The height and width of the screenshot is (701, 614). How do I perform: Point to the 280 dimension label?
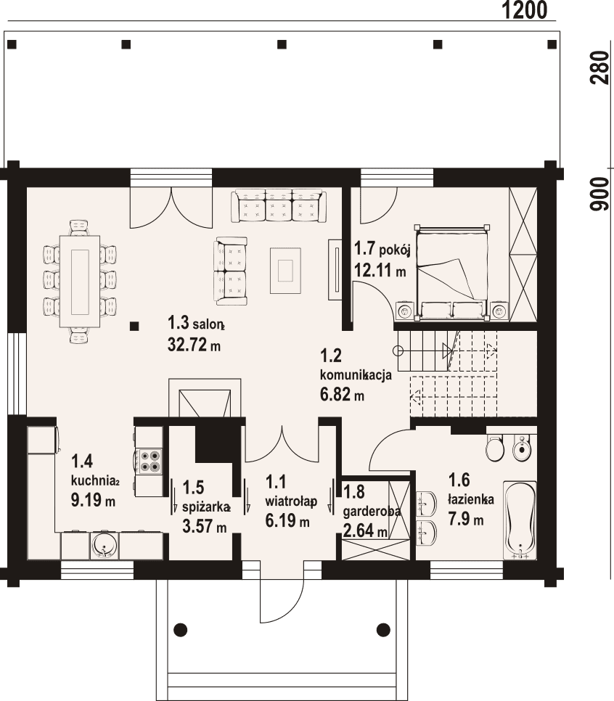coord(599,68)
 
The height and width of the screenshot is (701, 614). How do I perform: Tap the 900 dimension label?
coord(599,194)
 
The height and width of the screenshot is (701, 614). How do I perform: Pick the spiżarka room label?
coord(206,507)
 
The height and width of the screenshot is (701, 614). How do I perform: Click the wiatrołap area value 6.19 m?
coord(287,521)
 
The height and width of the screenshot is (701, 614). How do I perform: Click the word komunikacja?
coord(356,375)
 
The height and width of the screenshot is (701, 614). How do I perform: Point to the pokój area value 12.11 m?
coord(380,271)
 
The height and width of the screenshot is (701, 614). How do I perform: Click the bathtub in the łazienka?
coord(520,520)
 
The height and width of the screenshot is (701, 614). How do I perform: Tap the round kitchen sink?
coord(105,546)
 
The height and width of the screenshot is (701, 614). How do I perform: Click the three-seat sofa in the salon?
coord(279,206)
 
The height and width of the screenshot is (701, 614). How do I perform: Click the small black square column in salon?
coord(134,327)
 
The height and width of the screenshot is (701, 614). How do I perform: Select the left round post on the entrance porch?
coord(181,628)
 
